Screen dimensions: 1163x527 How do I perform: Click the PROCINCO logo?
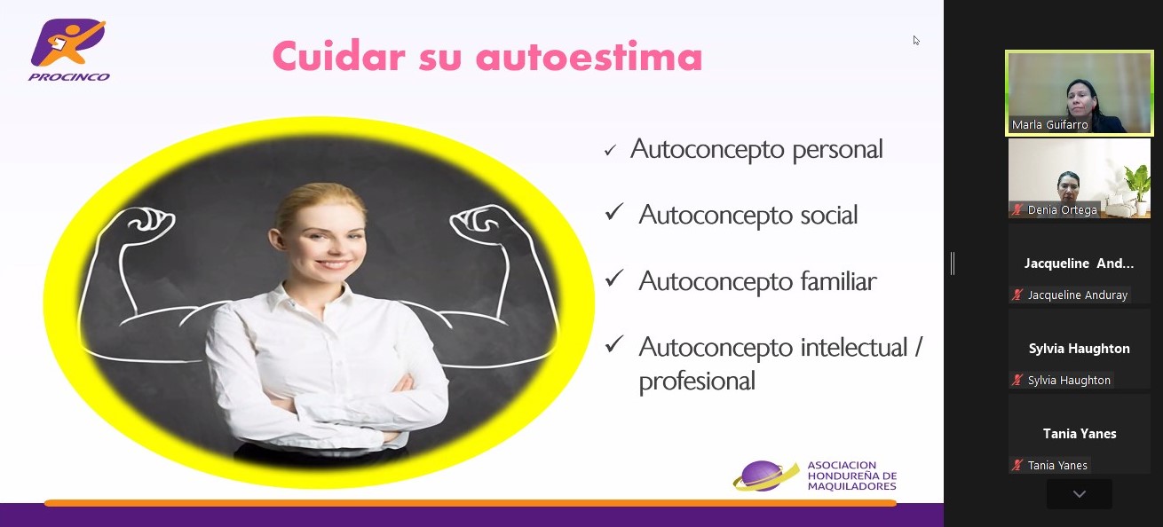[x=68, y=50]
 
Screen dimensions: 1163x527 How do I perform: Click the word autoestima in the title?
[x=589, y=56]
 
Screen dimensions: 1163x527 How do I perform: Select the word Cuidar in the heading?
[x=338, y=55]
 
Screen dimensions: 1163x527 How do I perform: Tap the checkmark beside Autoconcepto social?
[x=614, y=212]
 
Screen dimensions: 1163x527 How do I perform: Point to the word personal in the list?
[x=837, y=150]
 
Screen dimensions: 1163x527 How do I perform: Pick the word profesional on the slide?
[x=697, y=381]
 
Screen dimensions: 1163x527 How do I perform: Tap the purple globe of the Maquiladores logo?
[x=763, y=476]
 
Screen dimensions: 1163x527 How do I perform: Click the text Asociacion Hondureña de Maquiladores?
[x=852, y=476]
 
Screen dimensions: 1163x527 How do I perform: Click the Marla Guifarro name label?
[x=1049, y=125]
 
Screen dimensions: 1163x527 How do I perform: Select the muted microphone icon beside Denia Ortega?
[x=1017, y=210]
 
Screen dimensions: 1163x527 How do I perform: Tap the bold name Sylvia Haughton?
[x=1079, y=349]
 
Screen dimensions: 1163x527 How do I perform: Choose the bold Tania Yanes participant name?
[x=1080, y=434]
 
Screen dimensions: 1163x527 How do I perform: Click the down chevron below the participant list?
[x=1080, y=494]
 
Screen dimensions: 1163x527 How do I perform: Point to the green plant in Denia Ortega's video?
[x=1137, y=183]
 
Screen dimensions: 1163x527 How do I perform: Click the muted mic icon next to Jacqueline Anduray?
[x=1017, y=295]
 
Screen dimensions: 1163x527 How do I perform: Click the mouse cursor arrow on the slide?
[x=916, y=40]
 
